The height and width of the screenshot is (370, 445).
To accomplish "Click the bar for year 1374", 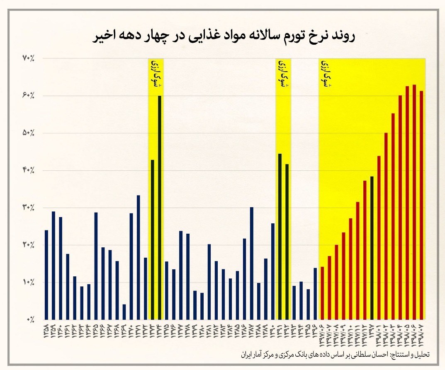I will pos(160,207).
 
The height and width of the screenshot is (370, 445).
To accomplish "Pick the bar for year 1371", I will pos(139,257).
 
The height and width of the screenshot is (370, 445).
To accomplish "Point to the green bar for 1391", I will pos(280,236).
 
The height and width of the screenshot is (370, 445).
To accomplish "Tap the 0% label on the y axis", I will pos(30,319).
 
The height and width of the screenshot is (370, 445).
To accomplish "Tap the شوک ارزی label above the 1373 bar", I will pos(156,73).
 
